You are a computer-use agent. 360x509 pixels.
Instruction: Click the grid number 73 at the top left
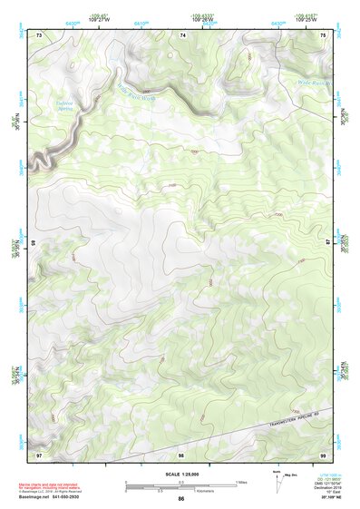pyautogui.click(x=39, y=34)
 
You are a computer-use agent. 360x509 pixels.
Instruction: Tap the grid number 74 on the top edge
pyautogui.click(x=183, y=34)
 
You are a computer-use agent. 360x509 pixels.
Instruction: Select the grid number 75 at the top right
pyautogui.click(x=324, y=34)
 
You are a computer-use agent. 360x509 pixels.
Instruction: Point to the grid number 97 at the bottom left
pyautogui.click(x=39, y=453)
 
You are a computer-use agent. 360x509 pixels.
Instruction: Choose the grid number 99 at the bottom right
pyautogui.click(x=324, y=453)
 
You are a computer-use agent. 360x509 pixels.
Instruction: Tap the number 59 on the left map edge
pyautogui.click(x=34, y=243)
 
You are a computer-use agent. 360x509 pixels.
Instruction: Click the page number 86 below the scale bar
pyautogui.click(x=181, y=499)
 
